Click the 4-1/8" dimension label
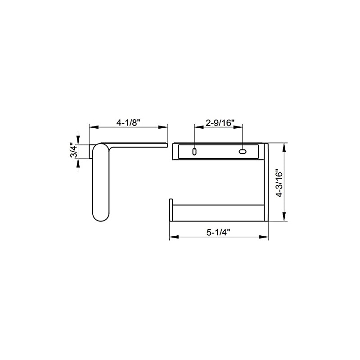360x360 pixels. click(129, 122)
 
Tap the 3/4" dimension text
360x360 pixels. click(72, 150)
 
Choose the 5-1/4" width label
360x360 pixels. click(219, 233)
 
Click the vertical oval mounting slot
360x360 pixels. click(194, 152)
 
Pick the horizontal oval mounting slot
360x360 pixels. click(243, 152)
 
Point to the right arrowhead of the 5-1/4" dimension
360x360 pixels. click(266, 238)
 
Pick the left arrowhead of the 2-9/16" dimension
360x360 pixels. click(196, 128)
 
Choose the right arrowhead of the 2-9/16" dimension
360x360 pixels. click(241, 128)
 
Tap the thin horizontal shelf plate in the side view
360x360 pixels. click(139, 144)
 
